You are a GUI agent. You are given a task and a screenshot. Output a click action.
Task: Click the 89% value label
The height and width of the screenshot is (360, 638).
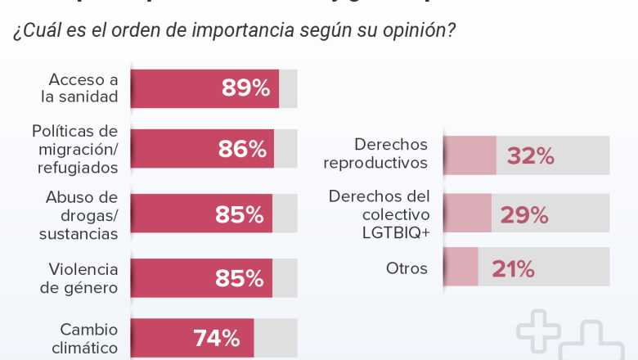coord(245,88)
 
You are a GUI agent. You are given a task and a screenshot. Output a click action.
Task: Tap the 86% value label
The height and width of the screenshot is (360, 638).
coord(242,149)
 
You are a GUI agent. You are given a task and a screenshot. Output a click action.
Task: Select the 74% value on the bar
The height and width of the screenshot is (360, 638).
coord(216,338)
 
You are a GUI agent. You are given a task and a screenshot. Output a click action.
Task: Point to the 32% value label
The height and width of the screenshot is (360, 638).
coord(531,155)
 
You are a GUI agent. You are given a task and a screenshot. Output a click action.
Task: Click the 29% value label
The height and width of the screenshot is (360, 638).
coord(523,215)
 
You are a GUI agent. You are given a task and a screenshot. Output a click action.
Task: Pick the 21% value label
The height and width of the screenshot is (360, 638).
coord(513,268)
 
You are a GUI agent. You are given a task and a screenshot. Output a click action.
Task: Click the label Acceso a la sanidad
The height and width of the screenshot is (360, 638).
coord(83,88)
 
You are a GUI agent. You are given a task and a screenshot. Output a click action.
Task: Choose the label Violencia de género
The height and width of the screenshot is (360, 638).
coord(83,278)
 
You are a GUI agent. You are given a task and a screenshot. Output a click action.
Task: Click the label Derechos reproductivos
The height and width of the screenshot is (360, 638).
coord(375,154)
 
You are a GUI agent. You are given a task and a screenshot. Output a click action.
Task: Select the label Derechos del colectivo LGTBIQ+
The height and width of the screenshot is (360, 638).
coord(379,214)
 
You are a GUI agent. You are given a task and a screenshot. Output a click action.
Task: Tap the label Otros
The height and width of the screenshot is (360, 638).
coord(407,268)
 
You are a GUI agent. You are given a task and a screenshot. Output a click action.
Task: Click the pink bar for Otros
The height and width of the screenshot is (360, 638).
coord(461,267)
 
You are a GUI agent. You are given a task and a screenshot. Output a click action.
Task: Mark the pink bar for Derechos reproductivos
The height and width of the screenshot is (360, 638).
coord(470,155)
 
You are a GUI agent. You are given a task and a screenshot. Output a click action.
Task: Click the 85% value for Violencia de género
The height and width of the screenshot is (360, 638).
coord(240,278)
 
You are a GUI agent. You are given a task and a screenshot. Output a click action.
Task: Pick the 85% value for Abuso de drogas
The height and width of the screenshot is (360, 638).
coord(240,214)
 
